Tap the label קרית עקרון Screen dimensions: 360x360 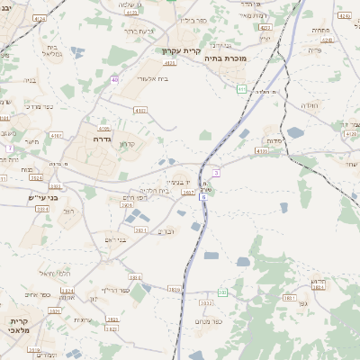pyautogui.click(x=179, y=51)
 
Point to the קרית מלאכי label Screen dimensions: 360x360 pyautogui.click(x=21, y=326)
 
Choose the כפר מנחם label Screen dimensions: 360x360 pyautogui.click(x=208, y=321)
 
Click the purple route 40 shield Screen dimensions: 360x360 pyautogui.click(x=115, y=80)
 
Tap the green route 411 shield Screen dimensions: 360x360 pyautogui.click(x=242, y=88)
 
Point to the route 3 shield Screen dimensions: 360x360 pyautogui.click(x=216, y=172)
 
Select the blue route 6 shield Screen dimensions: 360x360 pyautogui.click(x=203, y=195)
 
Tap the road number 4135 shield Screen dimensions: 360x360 pyautogui.click(x=262, y=151)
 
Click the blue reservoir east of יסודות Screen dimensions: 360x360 pyautogui.click(x=295, y=133)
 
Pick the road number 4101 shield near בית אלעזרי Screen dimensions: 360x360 pyautogui.click(x=139, y=110)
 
